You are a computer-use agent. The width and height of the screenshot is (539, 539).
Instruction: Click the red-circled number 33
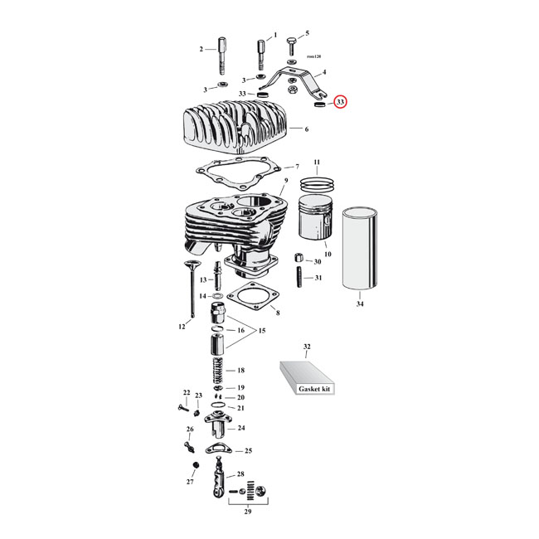click(340, 103)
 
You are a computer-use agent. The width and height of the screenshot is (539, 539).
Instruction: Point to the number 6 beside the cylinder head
click(307, 130)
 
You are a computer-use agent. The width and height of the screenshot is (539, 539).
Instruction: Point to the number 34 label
click(360, 303)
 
